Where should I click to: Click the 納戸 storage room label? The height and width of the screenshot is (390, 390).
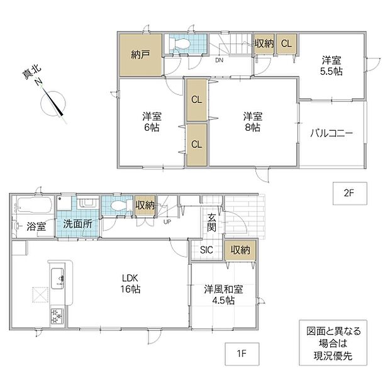140,55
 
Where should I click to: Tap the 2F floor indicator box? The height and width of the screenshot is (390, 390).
350,193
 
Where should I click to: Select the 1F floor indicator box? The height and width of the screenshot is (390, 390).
242,354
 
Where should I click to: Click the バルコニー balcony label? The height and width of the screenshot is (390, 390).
331,134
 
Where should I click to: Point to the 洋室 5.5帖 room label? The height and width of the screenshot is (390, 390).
331,66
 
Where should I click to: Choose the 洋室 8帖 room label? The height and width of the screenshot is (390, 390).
253,122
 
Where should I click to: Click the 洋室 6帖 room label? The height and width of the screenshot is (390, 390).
152,122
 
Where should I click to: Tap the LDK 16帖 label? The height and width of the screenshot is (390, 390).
130,284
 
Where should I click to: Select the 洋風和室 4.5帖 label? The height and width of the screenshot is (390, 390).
223,295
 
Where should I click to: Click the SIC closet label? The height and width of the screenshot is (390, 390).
206,250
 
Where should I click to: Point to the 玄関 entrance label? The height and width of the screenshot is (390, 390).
211,223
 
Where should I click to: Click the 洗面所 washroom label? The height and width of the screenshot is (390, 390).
77,224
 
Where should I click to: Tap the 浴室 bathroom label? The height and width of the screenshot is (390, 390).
36,226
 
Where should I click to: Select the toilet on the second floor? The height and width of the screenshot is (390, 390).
180,44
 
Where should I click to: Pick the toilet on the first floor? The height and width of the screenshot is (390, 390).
122,206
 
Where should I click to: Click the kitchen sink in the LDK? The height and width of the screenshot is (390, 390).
57,279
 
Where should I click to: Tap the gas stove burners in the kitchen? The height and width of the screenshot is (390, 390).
57,316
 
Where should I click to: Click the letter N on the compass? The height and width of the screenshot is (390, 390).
38,82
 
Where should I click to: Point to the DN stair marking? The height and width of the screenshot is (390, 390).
219,60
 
